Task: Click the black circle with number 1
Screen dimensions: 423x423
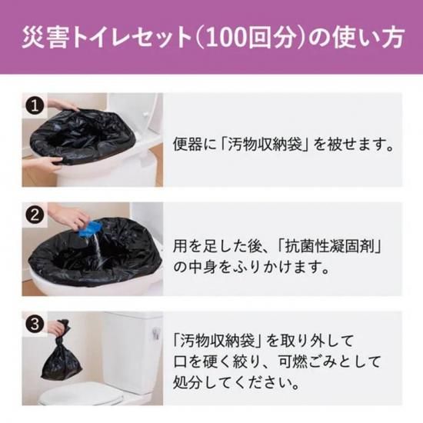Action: (x=35, y=106)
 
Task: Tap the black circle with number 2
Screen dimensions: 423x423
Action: (x=35, y=215)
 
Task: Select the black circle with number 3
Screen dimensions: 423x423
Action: (x=35, y=324)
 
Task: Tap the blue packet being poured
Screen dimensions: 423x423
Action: (x=89, y=230)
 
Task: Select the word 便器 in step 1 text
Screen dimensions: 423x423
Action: (x=187, y=144)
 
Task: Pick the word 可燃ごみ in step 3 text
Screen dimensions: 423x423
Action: (x=307, y=361)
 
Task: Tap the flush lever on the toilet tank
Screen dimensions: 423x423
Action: (x=156, y=333)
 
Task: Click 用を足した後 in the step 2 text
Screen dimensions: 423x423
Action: (x=217, y=247)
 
